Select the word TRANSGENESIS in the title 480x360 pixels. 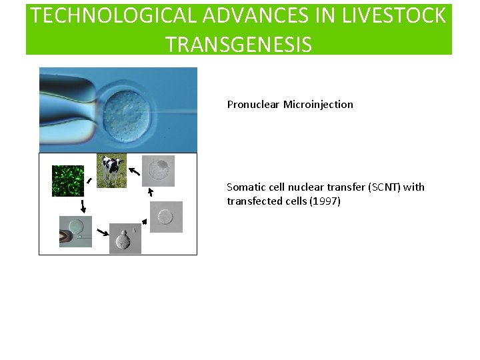pos(238,44)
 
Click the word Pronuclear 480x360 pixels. pos(253,105)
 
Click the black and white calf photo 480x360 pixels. pos(111,170)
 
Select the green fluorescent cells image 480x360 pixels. pos(68,181)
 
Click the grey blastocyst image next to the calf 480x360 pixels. pos(158,171)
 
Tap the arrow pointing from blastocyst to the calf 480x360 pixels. pos(134,172)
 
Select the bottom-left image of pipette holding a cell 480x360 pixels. pos(75,231)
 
